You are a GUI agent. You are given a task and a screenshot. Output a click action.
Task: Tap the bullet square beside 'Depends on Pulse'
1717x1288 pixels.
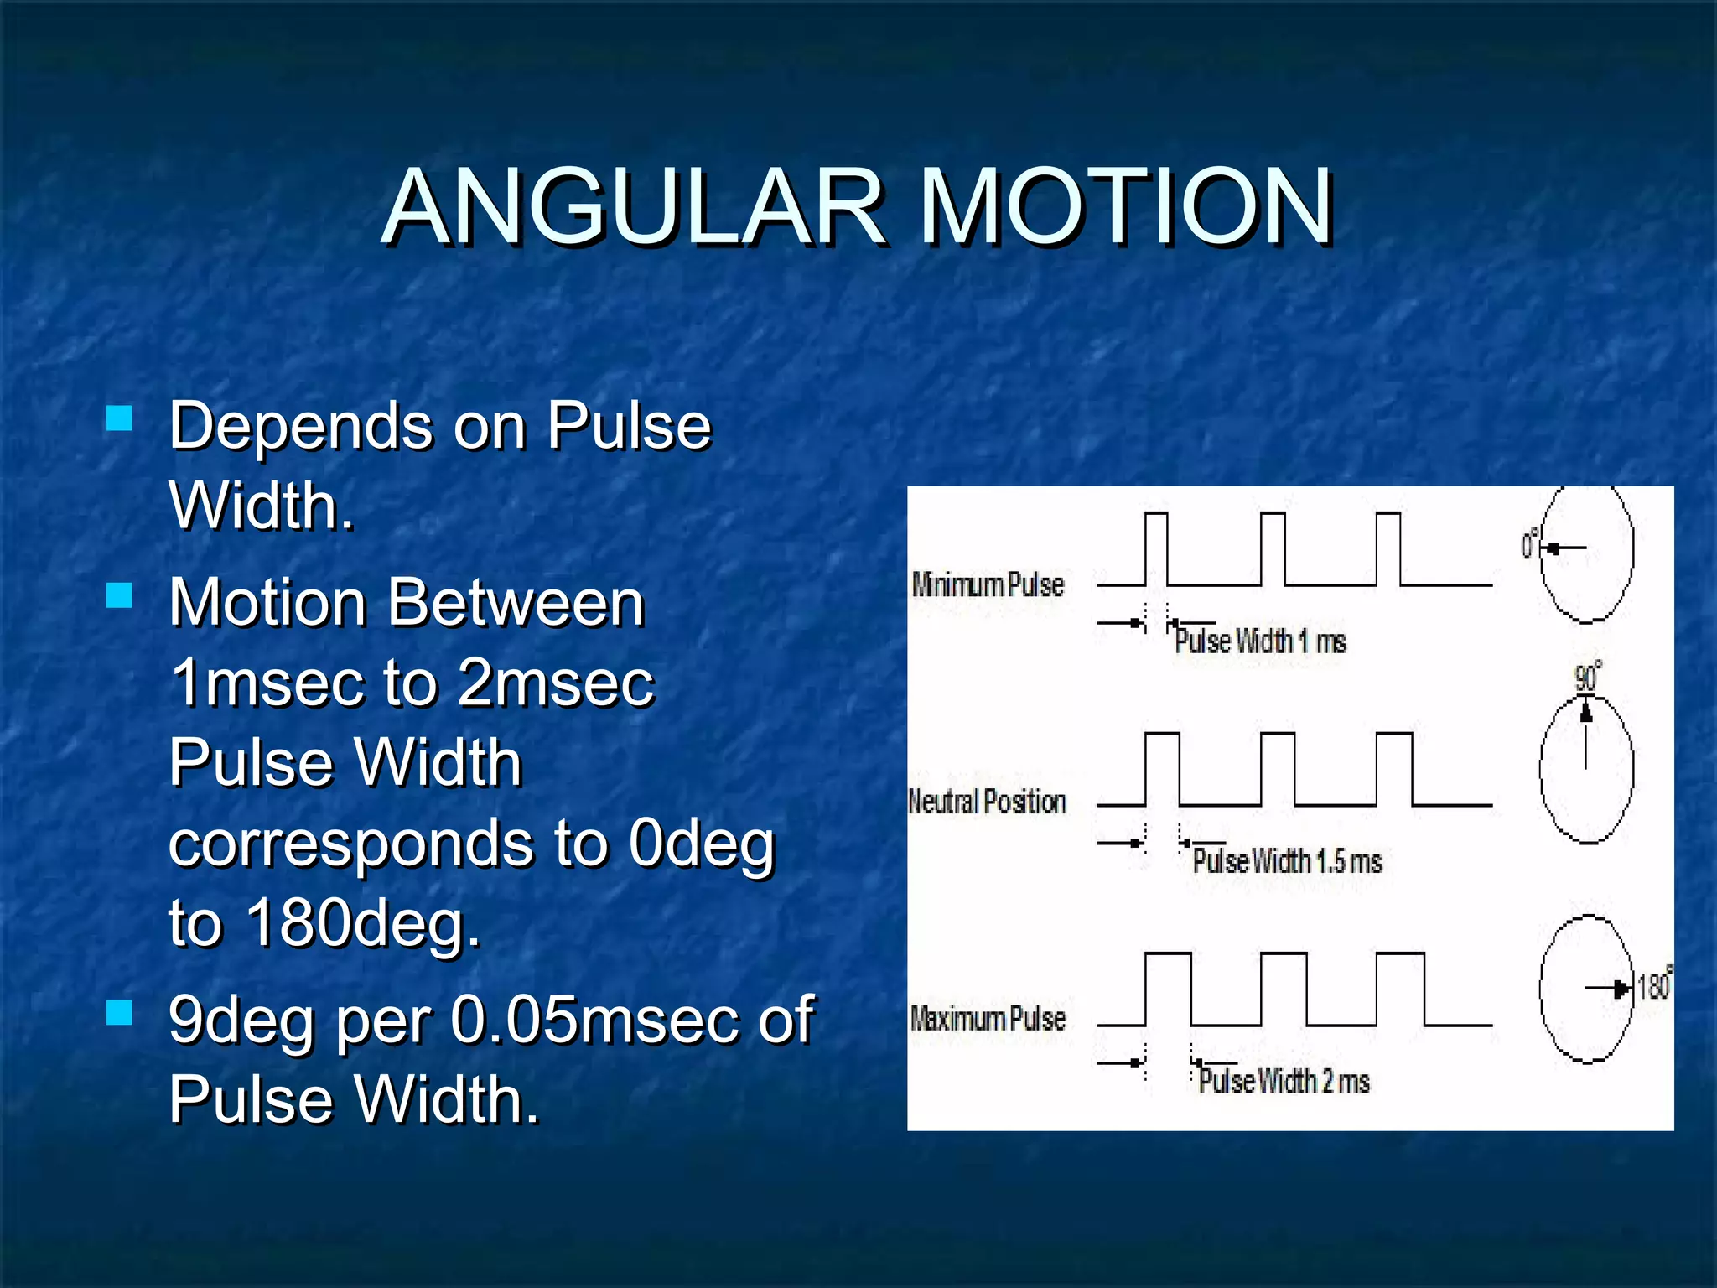[120, 418]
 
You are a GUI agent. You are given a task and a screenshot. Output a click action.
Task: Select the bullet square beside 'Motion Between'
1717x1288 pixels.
[120, 595]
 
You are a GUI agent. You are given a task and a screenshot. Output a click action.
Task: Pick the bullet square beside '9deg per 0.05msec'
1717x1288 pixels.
[120, 1012]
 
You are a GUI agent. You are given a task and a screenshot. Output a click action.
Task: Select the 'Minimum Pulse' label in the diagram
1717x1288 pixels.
[988, 584]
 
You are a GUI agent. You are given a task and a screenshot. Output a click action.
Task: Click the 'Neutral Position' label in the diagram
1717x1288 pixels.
[987, 802]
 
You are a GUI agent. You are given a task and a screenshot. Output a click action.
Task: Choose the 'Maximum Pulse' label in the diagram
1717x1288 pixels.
[988, 1019]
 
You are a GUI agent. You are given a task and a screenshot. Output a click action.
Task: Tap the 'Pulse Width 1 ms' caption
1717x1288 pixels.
[1259, 642]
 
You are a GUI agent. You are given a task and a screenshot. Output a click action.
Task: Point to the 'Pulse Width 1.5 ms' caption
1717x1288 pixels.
[1287, 861]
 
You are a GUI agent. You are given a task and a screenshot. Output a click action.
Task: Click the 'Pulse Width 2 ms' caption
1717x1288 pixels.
[1284, 1082]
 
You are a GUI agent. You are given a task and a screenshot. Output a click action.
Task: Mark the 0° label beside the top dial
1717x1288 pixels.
[1530, 545]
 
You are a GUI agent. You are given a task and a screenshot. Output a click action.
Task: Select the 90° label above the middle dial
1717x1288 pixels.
[1587, 677]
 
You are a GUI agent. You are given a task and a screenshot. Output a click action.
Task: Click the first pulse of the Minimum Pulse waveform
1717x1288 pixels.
[1156, 548]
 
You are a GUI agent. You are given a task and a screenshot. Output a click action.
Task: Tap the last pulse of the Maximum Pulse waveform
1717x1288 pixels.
[1400, 989]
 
